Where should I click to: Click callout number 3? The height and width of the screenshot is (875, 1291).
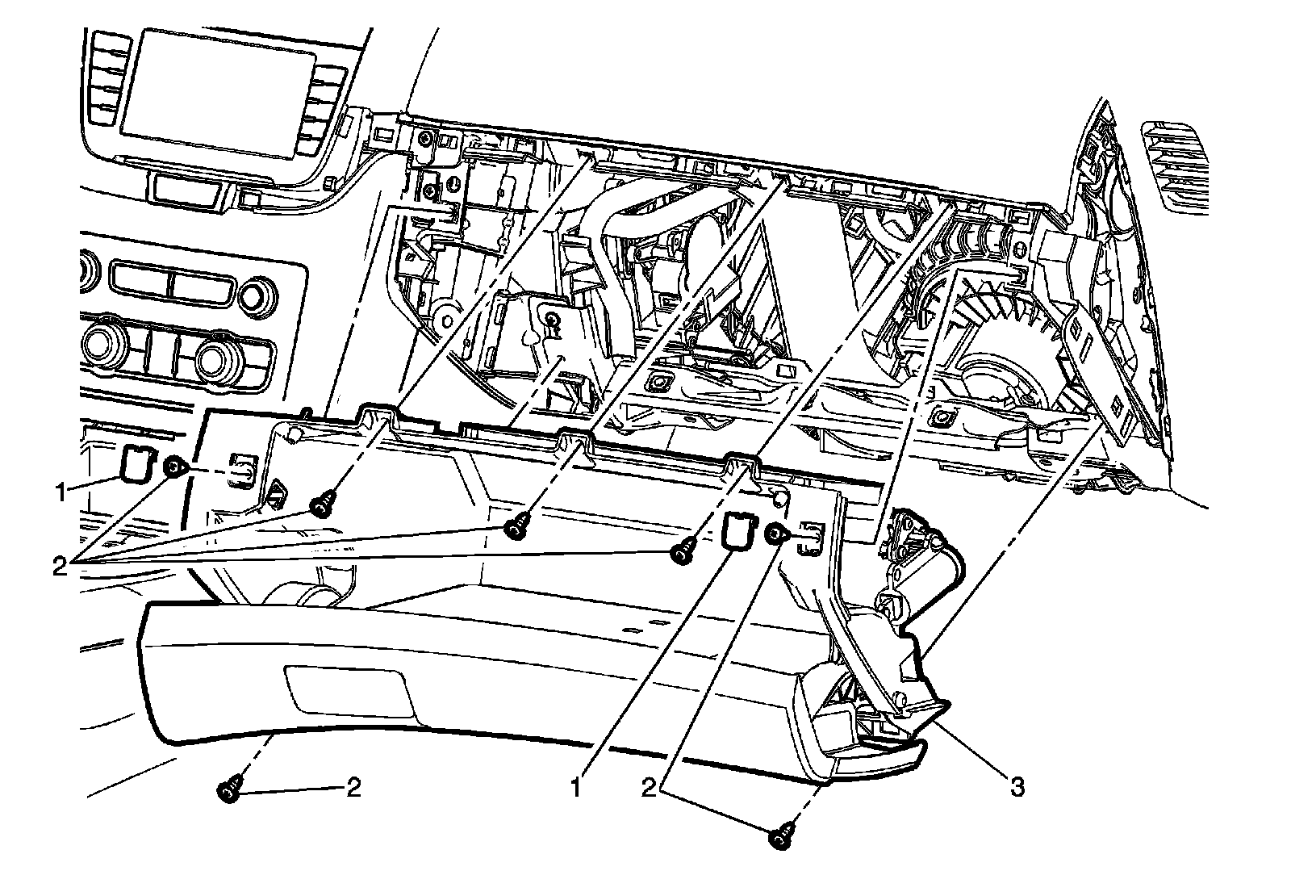[1017, 786]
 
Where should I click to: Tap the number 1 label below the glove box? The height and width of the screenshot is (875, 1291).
[576, 786]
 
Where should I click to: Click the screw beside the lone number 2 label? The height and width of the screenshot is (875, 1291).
[228, 790]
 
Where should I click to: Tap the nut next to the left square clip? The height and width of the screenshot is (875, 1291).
[173, 467]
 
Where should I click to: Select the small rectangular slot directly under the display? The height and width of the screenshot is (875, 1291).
[186, 188]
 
